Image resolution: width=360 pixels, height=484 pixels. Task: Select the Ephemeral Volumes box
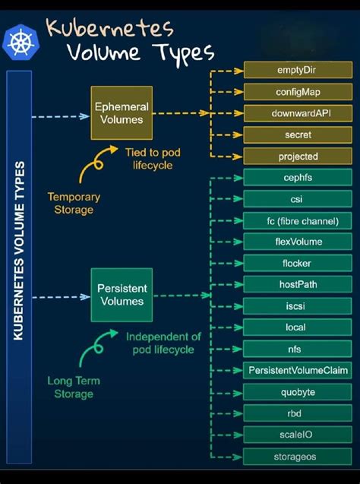(x=122, y=113)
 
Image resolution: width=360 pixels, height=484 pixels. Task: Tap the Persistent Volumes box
(x=122, y=295)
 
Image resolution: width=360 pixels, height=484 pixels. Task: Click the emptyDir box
(x=297, y=71)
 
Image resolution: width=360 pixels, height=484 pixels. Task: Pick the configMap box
(x=297, y=92)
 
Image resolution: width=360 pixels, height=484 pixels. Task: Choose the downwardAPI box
(x=297, y=113)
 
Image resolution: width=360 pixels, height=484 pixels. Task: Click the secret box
(x=297, y=134)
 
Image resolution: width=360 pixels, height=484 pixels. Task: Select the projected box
(x=297, y=157)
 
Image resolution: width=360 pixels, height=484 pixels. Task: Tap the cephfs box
(x=297, y=178)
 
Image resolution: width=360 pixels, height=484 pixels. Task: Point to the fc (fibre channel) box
(x=297, y=220)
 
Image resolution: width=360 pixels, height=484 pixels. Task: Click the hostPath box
(x=297, y=284)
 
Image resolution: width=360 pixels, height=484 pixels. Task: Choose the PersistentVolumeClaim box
(x=297, y=370)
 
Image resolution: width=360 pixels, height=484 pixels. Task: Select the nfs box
(x=297, y=349)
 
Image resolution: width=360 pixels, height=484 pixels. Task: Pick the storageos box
(x=297, y=457)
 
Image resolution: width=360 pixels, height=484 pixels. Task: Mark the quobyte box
(x=297, y=392)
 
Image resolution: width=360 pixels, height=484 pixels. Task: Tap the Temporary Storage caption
(x=74, y=203)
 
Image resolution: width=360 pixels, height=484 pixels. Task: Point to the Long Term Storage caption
(x=74, y=387)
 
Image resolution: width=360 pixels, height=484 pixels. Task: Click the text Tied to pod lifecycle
(x=153, y=158)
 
